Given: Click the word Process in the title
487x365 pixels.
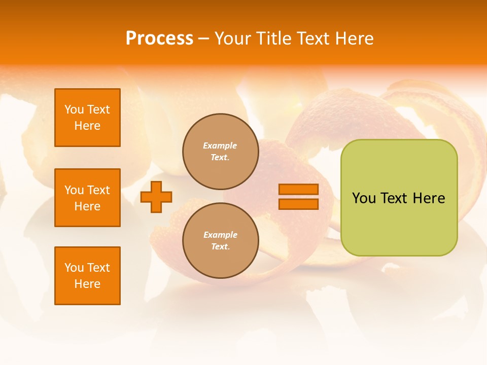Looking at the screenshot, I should pyautogui.click(x=159, y=39).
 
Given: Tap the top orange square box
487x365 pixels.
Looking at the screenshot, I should pyautogui.click(x=87, y=118).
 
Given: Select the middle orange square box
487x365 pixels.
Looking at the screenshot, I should pyautogui.click(x=87, y=198).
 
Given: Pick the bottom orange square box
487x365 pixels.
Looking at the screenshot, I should pyautogui.click(x=87, y=276).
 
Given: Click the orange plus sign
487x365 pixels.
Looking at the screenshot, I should pyautogui.click(x=156, y=197).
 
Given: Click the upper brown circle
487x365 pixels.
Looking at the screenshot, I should pyautogui.click(x=220, y=152).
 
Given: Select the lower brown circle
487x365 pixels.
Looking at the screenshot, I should pyautogui.click(x=220, y=241).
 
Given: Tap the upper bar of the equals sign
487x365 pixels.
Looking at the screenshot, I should pyautogui.click(x=298, y=189).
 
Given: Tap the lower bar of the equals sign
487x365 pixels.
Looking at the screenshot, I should pyautogui.click(x=298, y=204).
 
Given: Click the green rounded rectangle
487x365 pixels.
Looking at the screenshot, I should pyautogui.click(x=399, y=223).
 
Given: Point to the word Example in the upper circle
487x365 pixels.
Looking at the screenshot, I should pyautogui.click(x=220, y=145).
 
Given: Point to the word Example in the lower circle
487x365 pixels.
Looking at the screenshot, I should pyautogui.click(x=220, y=235).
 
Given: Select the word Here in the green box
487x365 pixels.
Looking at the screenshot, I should pyautogui.click(x=429, y=198).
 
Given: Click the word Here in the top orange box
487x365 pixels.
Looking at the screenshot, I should pyautogui.click(x=87, y=126).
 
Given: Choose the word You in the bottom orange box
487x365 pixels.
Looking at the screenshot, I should pyautogui.click(x=74, y=268).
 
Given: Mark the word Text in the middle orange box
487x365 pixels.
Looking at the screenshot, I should pyautogui.click(x=98, y=190).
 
